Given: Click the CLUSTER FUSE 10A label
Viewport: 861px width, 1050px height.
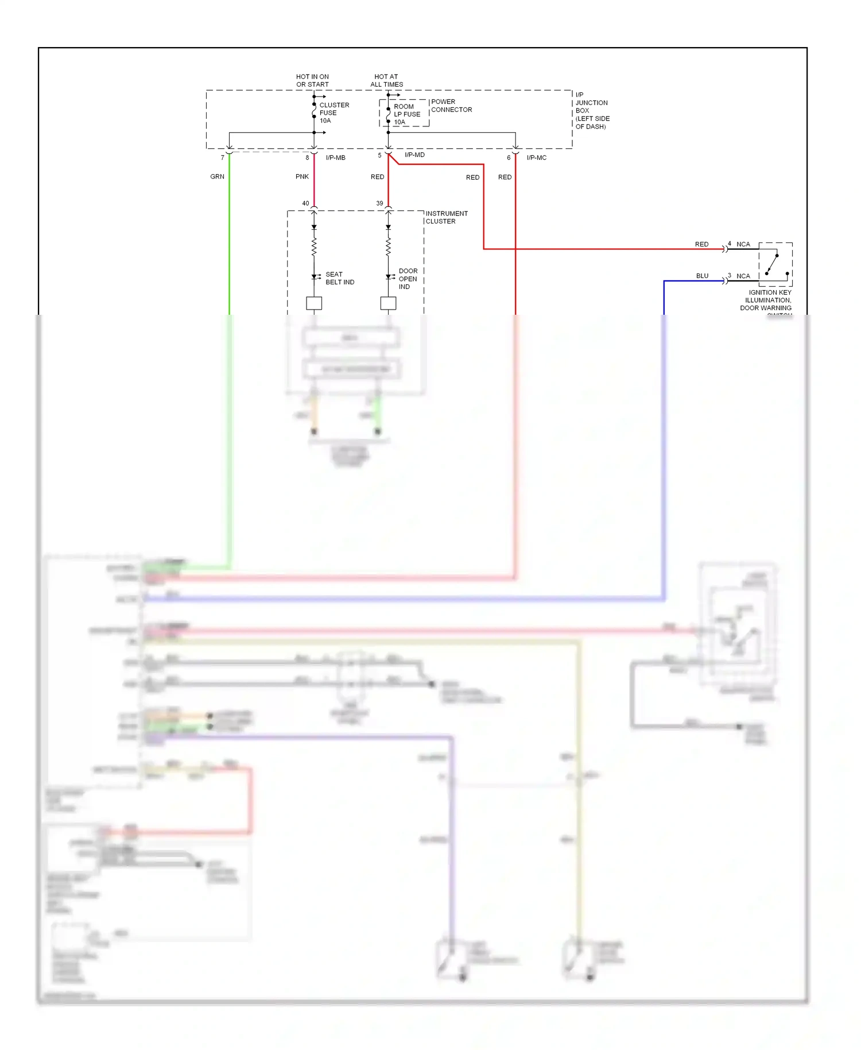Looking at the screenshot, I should (x=333, y=113).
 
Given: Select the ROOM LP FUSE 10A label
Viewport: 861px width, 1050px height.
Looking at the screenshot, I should (x=406, y=114).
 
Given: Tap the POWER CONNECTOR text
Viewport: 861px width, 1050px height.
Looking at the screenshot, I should (x=451, y=106).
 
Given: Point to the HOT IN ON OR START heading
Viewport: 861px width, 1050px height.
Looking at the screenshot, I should (x=312, y=80).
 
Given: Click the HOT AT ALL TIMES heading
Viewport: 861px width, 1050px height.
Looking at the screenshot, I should (x=386, y=80).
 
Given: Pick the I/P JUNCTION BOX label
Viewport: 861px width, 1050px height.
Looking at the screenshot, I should (x=592, y=110).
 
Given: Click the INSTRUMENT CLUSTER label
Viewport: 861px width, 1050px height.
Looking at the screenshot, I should (x=446, y=217).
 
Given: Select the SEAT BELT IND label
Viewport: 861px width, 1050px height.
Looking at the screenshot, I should (x=339, y=278).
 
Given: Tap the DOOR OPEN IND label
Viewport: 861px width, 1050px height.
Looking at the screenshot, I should (x=408, y=279).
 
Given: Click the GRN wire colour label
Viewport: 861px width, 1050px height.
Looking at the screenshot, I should (x=217, y=176).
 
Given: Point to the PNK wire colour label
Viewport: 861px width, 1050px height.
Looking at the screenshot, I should (x=302, y=176).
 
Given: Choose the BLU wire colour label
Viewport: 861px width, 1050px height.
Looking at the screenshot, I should (x=702, y=276).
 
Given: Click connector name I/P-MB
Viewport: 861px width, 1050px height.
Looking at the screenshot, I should (x=335, y=157).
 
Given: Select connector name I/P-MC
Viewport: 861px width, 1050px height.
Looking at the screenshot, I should (x=536, y=157).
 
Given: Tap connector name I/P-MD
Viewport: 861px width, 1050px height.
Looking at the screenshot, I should (x=414, y=155).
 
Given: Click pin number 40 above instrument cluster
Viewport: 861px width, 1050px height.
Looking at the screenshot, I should (x=305, y=203).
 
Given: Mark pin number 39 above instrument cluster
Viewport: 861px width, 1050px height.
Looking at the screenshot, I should (x=379, y=203).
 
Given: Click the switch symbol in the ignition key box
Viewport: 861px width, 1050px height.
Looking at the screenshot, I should (x=773, y=264).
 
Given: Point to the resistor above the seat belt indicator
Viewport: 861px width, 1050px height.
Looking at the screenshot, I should (x=314, y=248).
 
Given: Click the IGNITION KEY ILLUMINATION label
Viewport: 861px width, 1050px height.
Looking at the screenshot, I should (x=768, y=300).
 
